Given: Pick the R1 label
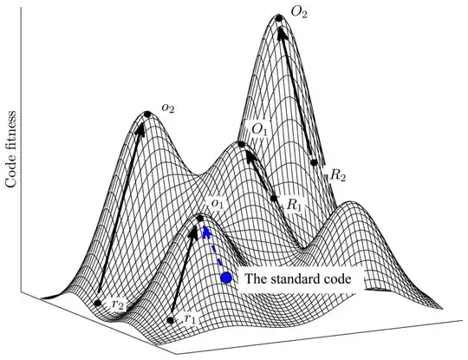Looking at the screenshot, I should click(x=296, y=206).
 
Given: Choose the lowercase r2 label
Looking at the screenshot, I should click(x=119, y=304).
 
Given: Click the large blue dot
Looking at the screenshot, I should click(x=227, y=278).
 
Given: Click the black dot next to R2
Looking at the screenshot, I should click(x=312, y=161).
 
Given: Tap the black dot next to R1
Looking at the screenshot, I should click(x=275, y=199).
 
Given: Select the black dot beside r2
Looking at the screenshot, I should click(x=97, y=304).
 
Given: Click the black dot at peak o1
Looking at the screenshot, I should click(x=201, y=218).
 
